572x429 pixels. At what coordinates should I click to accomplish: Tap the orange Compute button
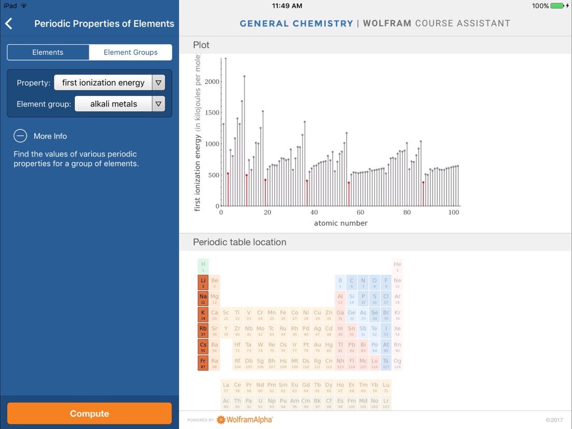[89, 413]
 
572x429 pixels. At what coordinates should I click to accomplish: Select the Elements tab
[48, 52]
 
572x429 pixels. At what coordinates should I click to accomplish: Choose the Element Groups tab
[131, 52]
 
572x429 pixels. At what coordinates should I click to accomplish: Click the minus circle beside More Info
[20, 136]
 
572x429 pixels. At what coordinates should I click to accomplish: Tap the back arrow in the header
[9, 23]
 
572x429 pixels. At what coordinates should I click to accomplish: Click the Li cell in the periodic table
[203, 282]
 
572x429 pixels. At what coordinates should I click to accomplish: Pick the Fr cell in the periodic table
[203, 363]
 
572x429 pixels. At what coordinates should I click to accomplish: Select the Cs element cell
[203, 347]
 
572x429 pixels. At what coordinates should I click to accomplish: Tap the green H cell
[203, 266]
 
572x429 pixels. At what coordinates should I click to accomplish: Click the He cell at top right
[397, 266]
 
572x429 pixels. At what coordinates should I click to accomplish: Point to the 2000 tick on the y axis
[212, 81]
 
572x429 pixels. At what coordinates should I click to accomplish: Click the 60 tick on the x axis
[360, 212]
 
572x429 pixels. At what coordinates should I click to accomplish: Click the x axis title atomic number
[340, 223]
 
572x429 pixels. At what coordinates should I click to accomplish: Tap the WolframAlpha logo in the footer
[244, 420]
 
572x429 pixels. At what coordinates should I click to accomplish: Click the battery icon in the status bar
[557, 6]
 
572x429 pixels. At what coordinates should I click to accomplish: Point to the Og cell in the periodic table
[397, 363]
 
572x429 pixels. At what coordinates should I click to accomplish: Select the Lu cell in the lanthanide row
[386, 387]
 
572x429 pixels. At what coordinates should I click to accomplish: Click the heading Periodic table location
[239, 242]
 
